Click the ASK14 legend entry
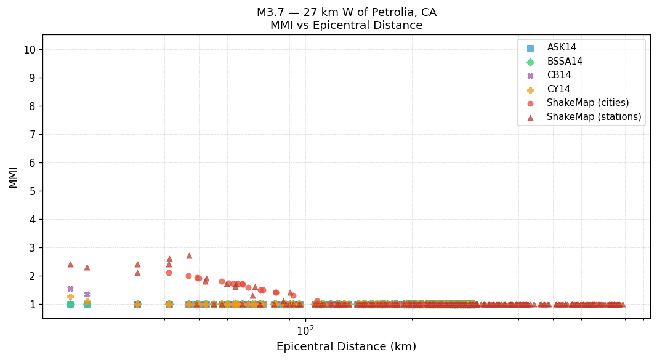[562, 47]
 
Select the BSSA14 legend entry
[564, 62]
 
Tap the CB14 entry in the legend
[558, 75]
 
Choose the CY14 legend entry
[558, 89]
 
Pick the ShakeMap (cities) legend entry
[587, 103]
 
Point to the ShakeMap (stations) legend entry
[594, 117]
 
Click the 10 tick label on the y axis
[29, 50]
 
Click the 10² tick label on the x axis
[305, 330]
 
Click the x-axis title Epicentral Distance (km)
[346, 346]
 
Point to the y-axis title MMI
[13, 177]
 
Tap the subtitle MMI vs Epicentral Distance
[346, 26]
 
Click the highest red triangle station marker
[189, 255]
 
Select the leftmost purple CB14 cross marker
[70, 289]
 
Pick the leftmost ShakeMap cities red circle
[169, 273]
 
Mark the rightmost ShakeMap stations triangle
[622, 304]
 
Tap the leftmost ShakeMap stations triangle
[70, 264]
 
